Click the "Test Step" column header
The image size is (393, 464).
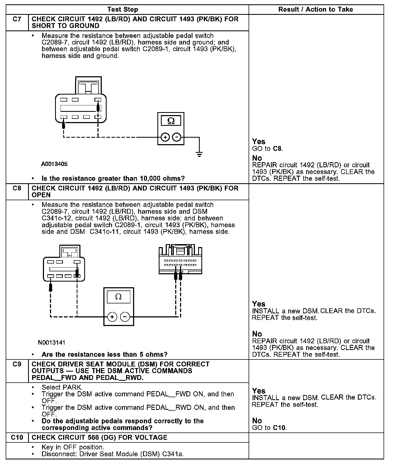click(123, 9)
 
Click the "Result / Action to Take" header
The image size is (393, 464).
click(316, 9)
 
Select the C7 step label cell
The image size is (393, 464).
click(17, 19)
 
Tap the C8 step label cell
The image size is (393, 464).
click(17, 188)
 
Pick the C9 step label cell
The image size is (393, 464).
click(17, 364)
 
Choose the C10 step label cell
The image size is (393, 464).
click(17, 437)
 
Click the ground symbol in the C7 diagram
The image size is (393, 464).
click(199, 154)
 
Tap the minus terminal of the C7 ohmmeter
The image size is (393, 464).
click(177, 137)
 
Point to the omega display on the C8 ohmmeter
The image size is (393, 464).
click(118, 297)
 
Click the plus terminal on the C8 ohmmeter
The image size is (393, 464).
click(112, 317)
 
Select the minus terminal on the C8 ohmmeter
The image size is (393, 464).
click(125, 317)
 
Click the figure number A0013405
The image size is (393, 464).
click(54, 164)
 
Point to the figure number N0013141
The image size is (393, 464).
click(52, 342)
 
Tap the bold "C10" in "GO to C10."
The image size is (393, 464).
click(279, 428)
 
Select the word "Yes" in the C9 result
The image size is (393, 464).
click(259, 391)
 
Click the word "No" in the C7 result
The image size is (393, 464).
click(257, 158)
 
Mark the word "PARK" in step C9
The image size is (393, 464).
click(72, 387)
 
